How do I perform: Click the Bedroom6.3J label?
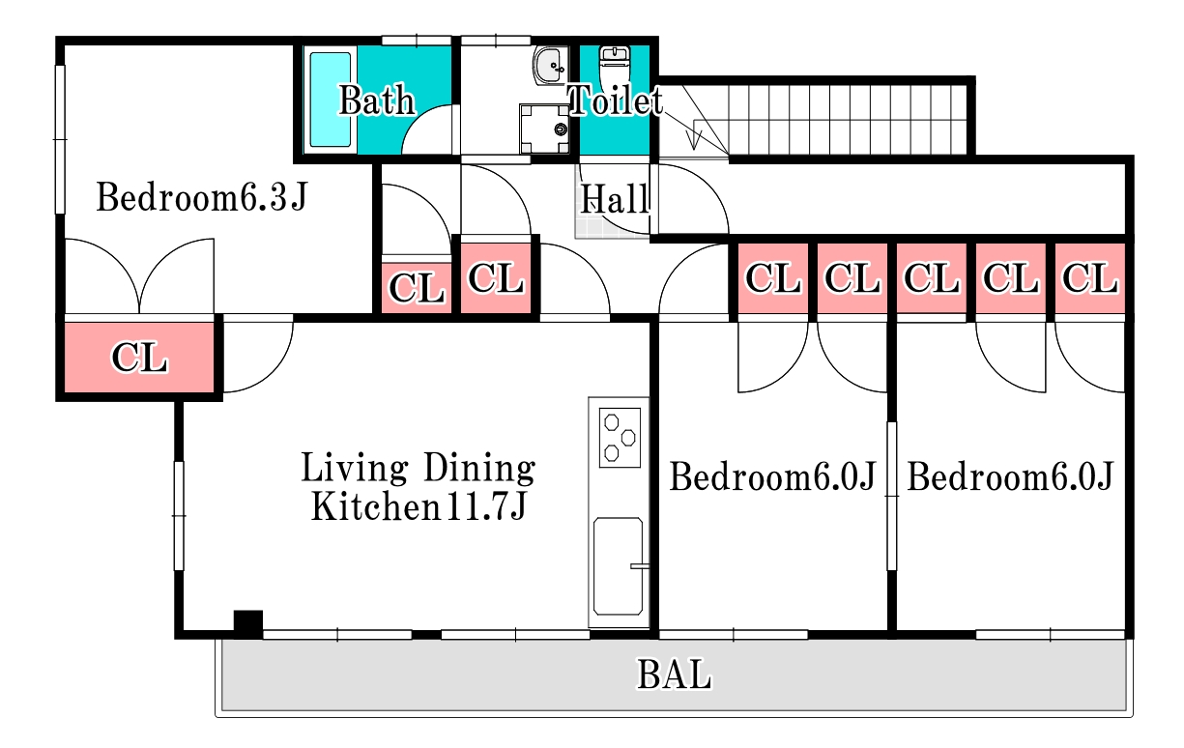[201, 196]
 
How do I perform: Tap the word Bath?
[376, 100]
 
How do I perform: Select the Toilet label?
[616, 100]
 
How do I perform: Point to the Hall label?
[615, 199]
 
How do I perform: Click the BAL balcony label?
[674, 675]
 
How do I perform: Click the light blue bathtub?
[330, 100]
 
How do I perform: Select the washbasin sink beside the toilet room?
[550, 66]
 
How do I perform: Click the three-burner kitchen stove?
[620, 438]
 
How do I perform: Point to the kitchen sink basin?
[619, 566]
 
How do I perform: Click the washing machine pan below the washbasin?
[544, 129]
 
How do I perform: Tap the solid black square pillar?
[248, 623]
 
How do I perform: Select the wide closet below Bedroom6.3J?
[139, 358]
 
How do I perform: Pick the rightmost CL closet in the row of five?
[1090, 278]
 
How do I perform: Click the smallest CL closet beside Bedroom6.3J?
[417, 288]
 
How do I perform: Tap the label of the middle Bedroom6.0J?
[773, 476]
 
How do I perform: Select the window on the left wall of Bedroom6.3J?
[60, 139]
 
